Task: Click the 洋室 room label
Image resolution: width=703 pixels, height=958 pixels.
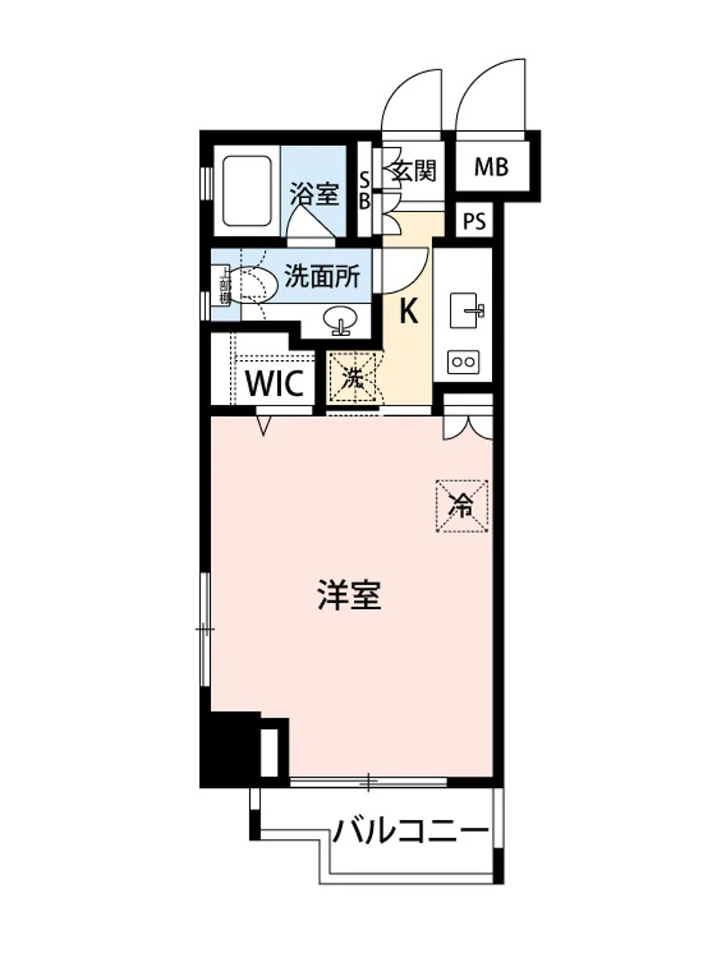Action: [348, 596]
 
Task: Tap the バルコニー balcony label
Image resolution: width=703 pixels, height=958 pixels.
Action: [411, 833]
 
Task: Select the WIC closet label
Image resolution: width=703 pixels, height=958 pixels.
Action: [275, 384]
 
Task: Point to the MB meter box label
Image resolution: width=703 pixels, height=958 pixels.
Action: [491, 167]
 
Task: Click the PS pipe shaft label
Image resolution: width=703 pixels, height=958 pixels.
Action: [475, 222]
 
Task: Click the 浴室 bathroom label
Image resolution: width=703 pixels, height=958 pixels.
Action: [314, 194]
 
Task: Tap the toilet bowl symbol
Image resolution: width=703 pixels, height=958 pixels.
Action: [254, 283]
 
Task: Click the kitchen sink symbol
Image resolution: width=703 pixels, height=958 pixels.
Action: [467, 309]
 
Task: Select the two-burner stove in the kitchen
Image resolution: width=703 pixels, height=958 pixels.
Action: [463, 362]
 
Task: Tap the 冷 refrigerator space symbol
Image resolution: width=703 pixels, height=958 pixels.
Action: [462, 505]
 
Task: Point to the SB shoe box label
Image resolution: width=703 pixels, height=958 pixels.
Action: [364, 189]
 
